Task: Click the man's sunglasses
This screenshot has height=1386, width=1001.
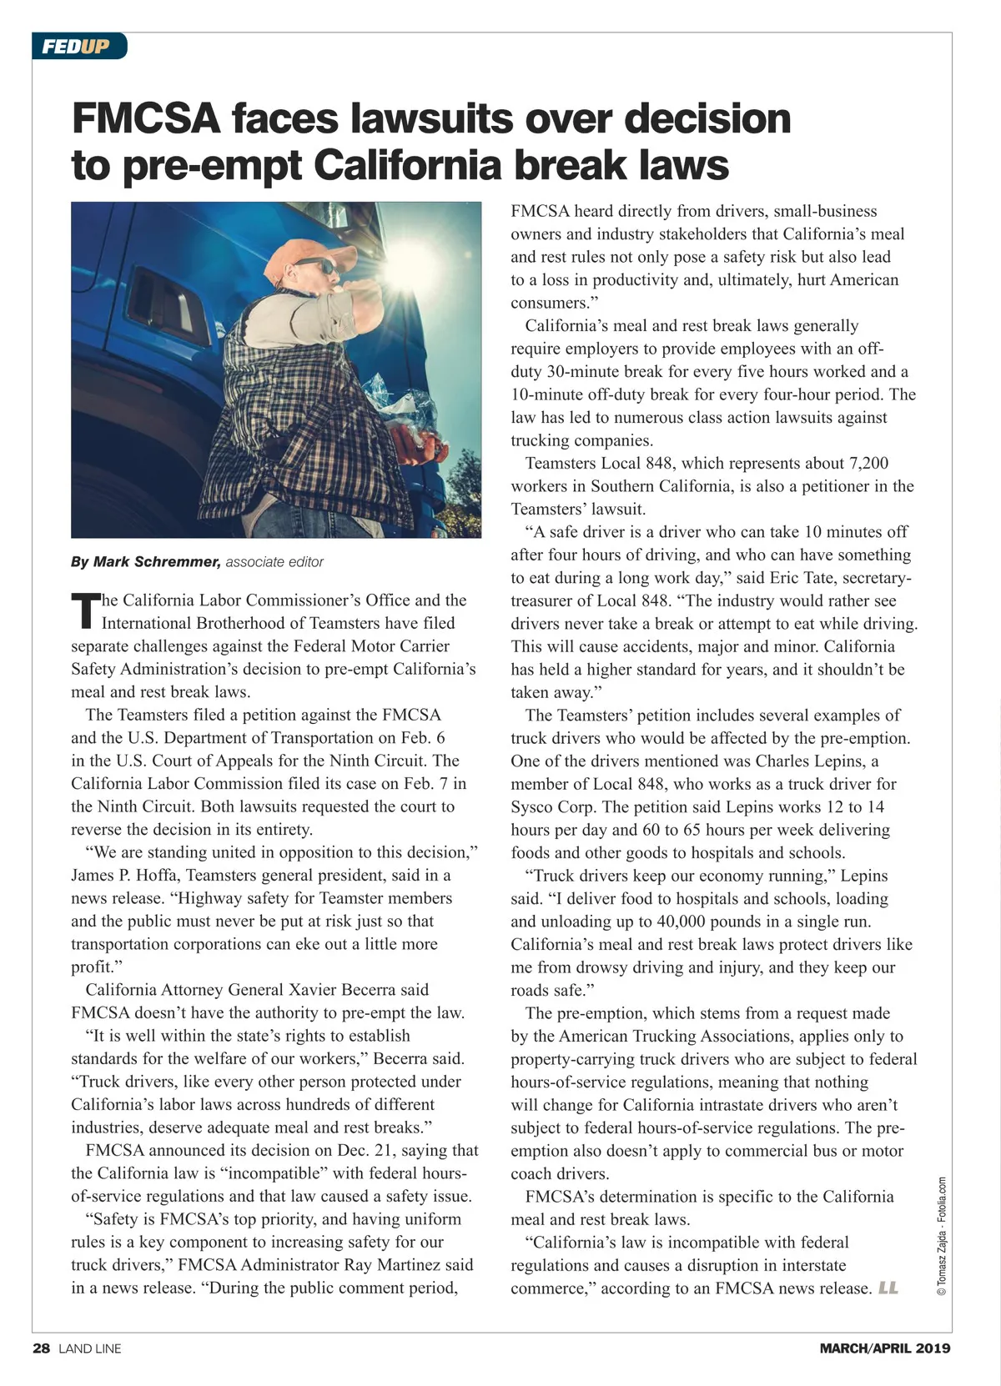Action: (315, 267)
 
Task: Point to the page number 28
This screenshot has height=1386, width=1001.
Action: (42, 1348)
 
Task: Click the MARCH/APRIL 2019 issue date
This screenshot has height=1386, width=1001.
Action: (884, 1348)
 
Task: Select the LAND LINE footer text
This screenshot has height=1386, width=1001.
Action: (90, 1348)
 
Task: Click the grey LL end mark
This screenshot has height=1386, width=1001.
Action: (888, 1288)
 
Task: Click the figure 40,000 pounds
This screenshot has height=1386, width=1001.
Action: (783, 921)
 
